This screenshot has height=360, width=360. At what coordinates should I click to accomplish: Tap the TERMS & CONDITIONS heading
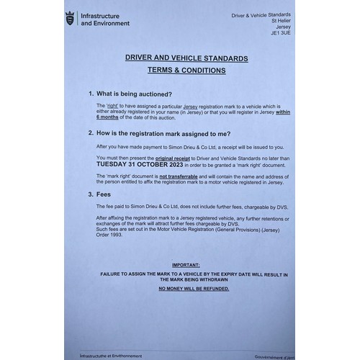(x=186, y=71)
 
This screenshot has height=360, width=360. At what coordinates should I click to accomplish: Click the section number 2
(x=90, y=134)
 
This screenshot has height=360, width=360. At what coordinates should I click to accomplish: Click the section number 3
(x=90, y=194)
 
